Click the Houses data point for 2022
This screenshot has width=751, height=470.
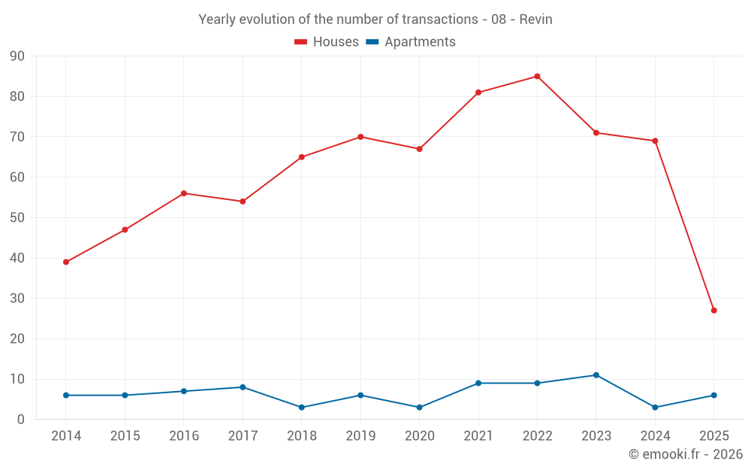[537, 76]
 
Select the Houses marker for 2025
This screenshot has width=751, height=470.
[713, 311]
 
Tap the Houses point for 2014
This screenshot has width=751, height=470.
[66, 262]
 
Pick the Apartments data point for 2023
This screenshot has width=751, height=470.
[596, 375]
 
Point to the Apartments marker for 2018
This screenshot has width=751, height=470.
[302, 408]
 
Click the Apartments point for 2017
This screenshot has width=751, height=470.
[243, 387]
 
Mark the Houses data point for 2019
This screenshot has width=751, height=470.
[360, 137]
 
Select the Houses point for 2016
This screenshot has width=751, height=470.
[184, 193]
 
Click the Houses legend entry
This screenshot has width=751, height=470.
[327, 42]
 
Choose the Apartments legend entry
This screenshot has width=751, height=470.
[411, 42]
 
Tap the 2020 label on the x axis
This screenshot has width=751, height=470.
[419, 435]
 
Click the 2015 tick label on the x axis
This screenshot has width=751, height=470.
[125, 435]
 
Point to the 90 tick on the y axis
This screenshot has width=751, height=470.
[17, 56]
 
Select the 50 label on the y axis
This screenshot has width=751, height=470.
[17, 218]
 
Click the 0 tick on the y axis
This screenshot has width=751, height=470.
[21, 420]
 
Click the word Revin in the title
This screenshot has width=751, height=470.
[535, 20]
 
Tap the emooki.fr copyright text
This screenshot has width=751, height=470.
[686, 454]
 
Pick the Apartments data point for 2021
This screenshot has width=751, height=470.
[478, 384]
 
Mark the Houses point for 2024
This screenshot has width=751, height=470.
[655, 141]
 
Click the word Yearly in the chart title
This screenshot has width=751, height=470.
[216, 20]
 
